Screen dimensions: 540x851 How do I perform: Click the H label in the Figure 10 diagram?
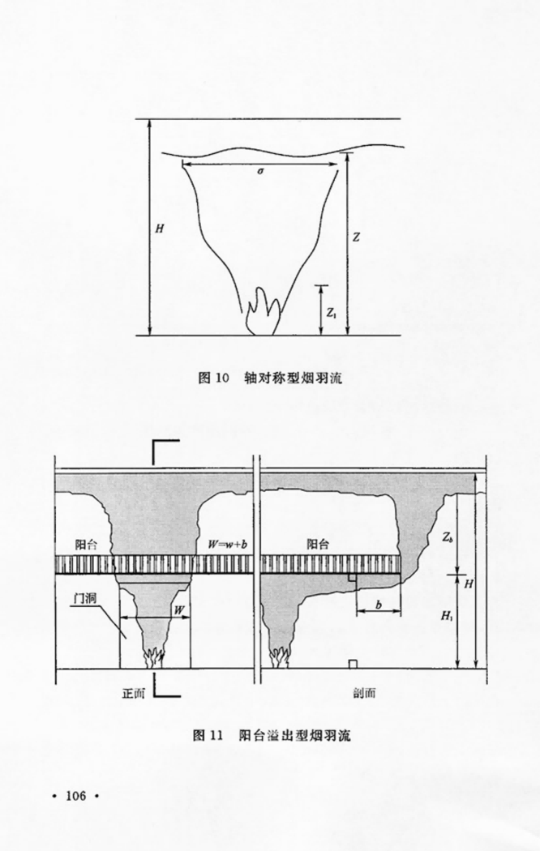tap(159, 229)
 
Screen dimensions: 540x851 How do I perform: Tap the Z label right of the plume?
tap(356, 237)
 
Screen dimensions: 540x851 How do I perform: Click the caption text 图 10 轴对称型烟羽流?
tap(270, 378)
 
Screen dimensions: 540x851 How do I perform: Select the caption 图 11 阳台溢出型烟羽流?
tap(272, 735)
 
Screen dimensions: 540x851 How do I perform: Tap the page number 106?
tap(76, 796)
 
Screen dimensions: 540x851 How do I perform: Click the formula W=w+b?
tap(227, 545)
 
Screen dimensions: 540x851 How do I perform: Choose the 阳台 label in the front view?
tap(86, 545)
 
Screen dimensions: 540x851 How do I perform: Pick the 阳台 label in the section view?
tap(318, 545)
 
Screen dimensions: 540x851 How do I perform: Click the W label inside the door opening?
tap(178, 610)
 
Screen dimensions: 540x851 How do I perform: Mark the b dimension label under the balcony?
tap(379, 605)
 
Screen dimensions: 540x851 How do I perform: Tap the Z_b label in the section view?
tap(447, 538)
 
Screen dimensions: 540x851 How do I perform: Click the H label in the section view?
tap(469, 584)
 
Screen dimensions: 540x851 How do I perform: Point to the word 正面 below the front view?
tap(134, 693)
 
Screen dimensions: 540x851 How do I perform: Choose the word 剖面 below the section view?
tap(364, 693)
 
